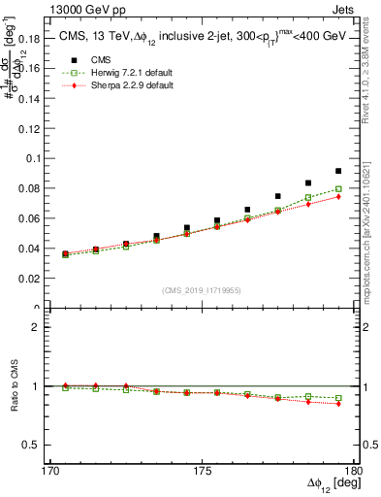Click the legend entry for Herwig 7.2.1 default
[116, 74]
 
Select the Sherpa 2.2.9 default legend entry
[116, 85]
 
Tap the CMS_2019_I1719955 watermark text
[202, 289]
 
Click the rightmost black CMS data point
[338, 171]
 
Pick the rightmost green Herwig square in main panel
[338, 189]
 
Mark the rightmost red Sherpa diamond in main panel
[338, 197]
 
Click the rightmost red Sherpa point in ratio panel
[338, 403]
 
